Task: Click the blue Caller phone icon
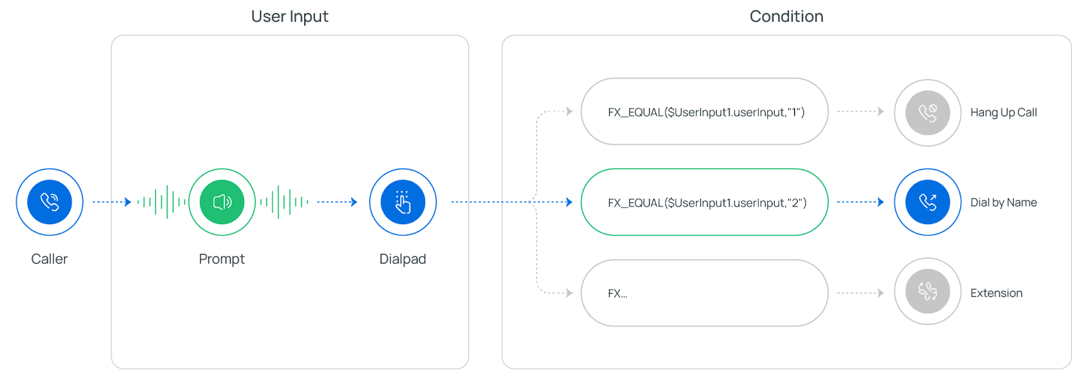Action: [x=50, y=202]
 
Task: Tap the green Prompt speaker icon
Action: [x=222, y=202]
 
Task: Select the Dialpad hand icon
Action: [x=403, y=202]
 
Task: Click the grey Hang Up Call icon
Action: [x=927, y=112]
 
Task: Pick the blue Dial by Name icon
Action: [x=927, y=202]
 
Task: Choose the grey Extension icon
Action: [x=927, y=292]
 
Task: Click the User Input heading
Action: [x=290, y=16]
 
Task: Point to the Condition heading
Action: [x=786, y=16]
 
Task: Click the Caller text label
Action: [x=50, y=259]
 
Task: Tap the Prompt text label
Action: [x=222, y=259]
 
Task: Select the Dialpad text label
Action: [x=402, y=259]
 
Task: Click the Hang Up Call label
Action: [x=1003, y=112]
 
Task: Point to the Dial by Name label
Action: [x=1003, y=202]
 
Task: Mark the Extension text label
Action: [x=996, y=293]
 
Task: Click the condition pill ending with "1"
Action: [x=704, y=112]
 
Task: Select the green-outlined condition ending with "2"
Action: [x=704, y=202]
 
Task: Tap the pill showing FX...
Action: [x=704, y=293]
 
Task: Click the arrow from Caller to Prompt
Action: [x=112, y=202]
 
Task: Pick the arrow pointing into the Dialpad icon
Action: [x=337, y=202]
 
